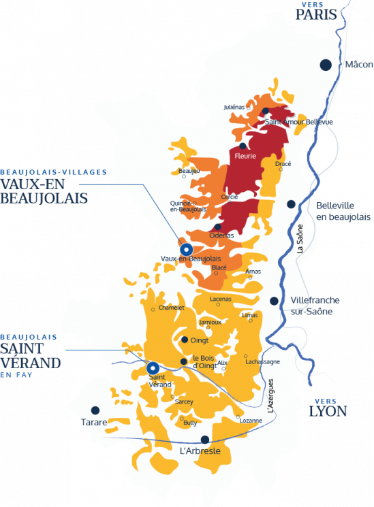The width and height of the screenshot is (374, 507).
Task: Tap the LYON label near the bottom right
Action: click(x=327, y=411)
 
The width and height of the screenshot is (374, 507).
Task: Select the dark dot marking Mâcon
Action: click(x=326, y=64)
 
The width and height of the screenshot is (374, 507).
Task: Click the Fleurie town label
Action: click(x=245, y=156)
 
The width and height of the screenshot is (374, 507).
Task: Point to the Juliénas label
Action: click(x=234, y=108)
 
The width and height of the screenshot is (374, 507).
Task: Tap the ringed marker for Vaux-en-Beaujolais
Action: click(x=185, y=248)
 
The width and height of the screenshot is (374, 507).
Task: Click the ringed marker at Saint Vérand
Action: click(x=153, y=367)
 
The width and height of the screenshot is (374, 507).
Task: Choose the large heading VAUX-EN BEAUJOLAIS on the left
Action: click(x=45, y=191)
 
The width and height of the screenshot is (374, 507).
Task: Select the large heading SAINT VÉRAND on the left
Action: click(x=31, y=355)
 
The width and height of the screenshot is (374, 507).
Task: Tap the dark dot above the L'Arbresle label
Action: click(x=204, y=439)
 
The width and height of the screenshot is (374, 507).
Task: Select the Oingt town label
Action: click(x=200, y=340)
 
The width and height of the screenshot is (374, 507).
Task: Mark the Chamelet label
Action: click(x=171, y=308)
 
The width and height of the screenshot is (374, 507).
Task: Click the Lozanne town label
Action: click(x=251, y=421)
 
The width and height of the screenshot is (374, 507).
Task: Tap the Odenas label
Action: click(x=221, y=235)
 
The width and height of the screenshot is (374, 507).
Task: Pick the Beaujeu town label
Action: click(x=188, y=170)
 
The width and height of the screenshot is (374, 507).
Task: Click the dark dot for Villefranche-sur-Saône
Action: click(x=274, y=301)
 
